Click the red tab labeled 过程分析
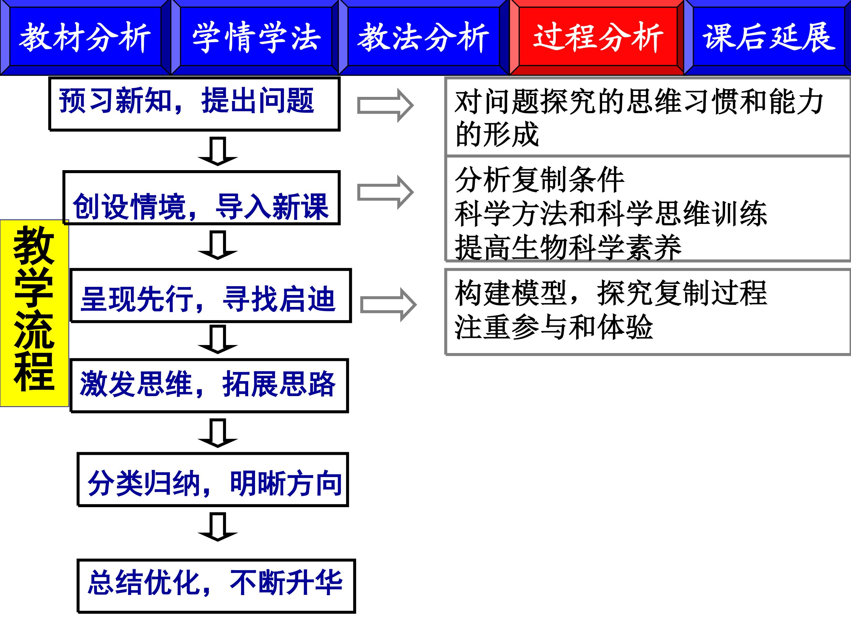(x=597, y=37)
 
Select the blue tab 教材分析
(x=85, y=37)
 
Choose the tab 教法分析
(x=424, y=37)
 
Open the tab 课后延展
(x=767, y=37)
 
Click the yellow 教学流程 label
(x=34, y=313)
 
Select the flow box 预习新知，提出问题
(x=195, y=104)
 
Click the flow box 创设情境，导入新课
(x=202, y=198)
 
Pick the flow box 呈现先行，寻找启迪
(x=211, y=295)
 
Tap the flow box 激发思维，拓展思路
(x=209, y=386)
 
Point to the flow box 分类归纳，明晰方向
(x=213, y=480)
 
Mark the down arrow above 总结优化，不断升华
(x=218, y=527)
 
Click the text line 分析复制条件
(x=539, y=179)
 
